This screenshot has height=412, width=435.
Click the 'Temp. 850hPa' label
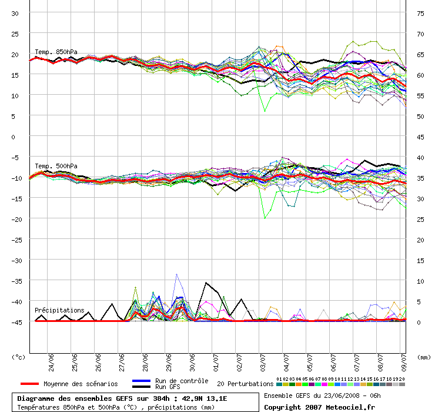[x=56, y=52]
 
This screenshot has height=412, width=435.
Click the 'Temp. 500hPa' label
[x=56, y=166]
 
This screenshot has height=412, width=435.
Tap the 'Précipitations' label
[x=59, y=310]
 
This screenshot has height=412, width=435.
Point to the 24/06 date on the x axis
[x=51, y=360]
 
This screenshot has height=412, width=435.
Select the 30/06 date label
[x=192, y=360]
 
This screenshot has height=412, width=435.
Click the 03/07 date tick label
[x=263, y=360]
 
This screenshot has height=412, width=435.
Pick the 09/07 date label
[x=404, y=360]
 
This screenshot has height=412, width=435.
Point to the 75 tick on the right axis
[x=420, y=13]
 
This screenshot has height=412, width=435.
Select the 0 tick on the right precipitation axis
[x=419, y=322]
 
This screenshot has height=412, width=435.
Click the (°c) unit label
[x=19, y=357]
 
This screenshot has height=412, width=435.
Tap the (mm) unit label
[x=423, y=357]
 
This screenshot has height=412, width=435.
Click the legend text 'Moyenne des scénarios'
[x=81, y=384]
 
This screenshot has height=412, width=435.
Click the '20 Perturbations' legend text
[x=245, y=384]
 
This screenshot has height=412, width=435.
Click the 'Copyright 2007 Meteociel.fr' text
[x=319, y=407]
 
